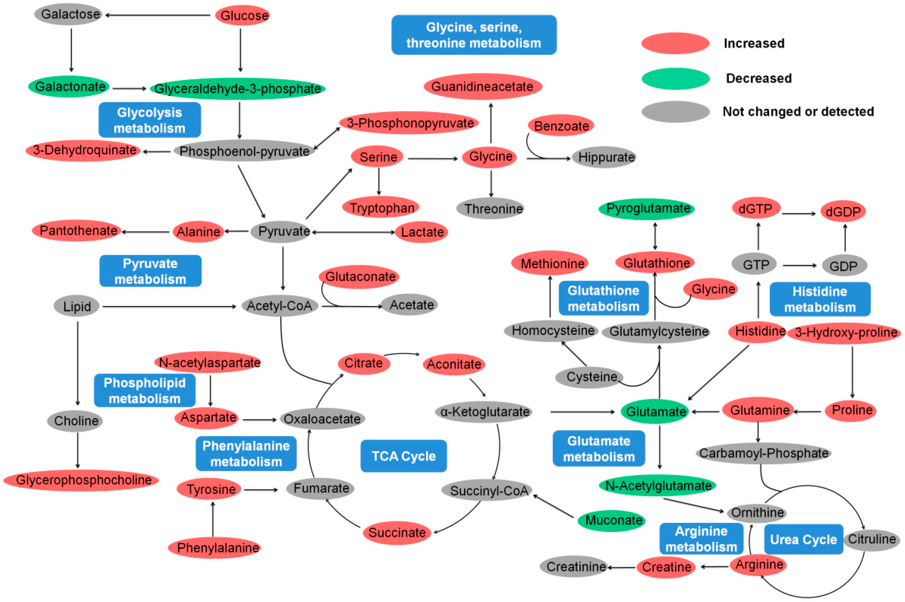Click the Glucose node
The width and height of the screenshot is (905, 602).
pyautogui.click(x=242, y=15)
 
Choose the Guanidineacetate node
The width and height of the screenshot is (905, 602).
pyautogui.click(x=482, y=86)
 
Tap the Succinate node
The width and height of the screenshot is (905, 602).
pyautogui.click(x=397, y=533)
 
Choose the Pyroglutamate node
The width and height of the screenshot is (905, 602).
pyautogui.click(x=648, y=208)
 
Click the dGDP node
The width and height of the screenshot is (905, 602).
pyautogui.click(x=843, y=211)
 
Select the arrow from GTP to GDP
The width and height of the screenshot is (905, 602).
pyautogui.click(x=799, y=265)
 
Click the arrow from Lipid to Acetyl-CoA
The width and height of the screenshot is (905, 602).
pyautogui.click(x=169, y=307)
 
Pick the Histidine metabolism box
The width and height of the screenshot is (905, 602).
pyautogui.click(x=819, y=299)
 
